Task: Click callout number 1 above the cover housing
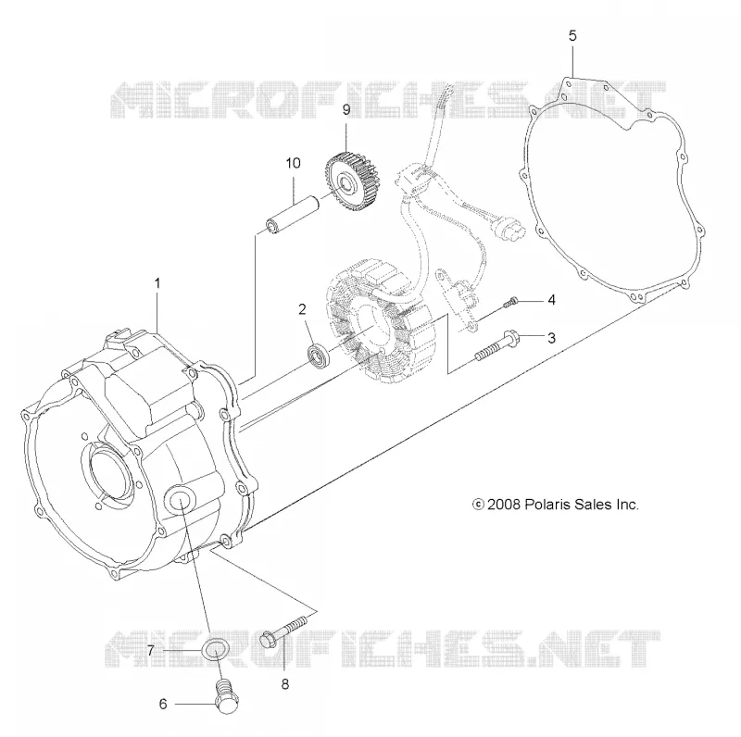[x=157, y=283]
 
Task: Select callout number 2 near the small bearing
[x=303, y=309]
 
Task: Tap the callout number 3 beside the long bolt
[x=551, y=338]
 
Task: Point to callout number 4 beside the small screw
[x=551, y=300]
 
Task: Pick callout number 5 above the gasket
[x=572, y=36]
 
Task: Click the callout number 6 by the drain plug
[x=163, y=704]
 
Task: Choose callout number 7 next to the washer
[x=151, y=651]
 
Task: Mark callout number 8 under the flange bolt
[x=285, y=683]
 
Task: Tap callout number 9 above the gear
[x=346, y=109]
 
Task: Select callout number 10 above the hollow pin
[x=293, y=163]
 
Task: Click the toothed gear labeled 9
[x=348, y=175]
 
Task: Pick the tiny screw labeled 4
[x=511, y=303]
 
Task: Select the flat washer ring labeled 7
[x=216, y=650]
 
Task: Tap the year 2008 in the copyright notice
[x=504, y=505]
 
